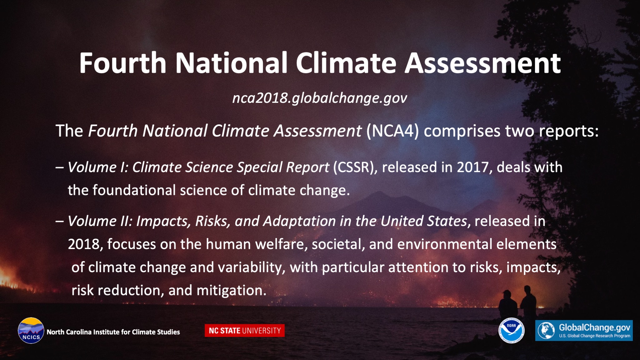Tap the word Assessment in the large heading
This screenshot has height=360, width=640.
click(x=483, y=63)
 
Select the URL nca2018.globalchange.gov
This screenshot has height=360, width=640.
click(x=320, y=98)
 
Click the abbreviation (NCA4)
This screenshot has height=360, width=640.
click(x=392, y=131)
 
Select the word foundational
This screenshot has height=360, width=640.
click(x=134, y=190)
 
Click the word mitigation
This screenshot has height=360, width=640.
click(x=231, y=291)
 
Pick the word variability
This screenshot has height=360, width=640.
click(x=252, y=267)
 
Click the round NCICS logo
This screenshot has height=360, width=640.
click(x=31, y=331)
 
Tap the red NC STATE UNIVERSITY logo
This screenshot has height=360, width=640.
click(x=245, y=331)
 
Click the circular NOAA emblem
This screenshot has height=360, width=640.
click(x=511, y=330)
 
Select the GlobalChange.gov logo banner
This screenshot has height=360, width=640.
click(x=584, y=330)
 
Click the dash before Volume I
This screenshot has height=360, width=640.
click(x=60, y=167)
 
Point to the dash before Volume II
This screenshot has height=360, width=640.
click(x=60, y=221)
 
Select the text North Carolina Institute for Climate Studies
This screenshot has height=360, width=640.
click(x=113, y=332)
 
